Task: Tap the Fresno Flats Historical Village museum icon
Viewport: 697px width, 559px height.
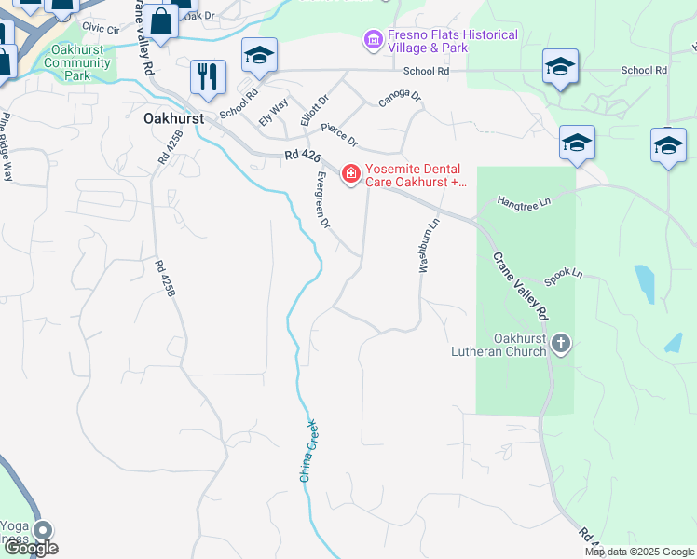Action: pos(373,40)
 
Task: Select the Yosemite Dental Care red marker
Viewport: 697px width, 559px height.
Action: pos(350,174)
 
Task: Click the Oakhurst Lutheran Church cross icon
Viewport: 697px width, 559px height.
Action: pos(561,344)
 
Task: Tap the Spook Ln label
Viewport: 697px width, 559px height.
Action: pos(563,275)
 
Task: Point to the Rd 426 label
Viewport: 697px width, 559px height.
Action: pos(298,162)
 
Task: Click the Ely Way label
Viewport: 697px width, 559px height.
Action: pos(273,115)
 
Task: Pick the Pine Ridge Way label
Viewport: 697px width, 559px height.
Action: pos(7,146)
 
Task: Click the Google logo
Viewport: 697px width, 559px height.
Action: pos(31,548)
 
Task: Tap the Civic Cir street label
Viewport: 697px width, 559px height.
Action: pos(101,30)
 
